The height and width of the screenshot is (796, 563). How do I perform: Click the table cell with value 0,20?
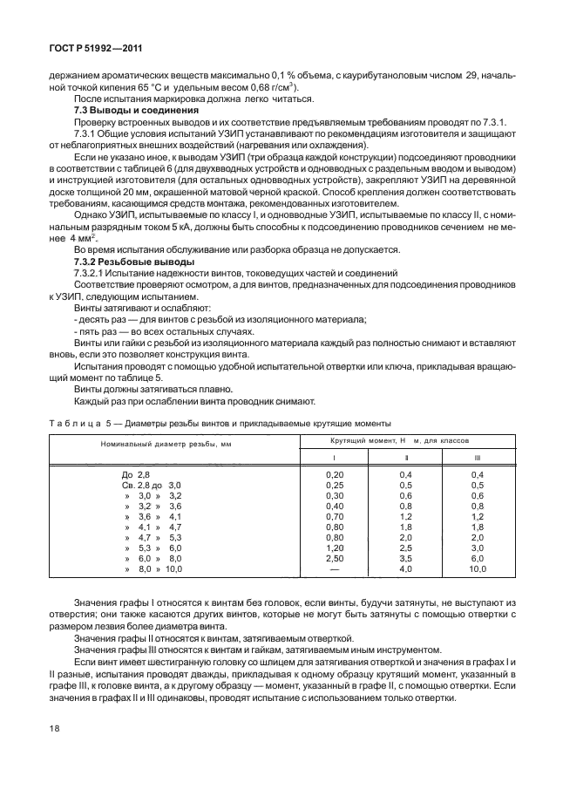tap(334, 473)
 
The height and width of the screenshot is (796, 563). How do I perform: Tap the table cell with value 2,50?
tap(334, 557)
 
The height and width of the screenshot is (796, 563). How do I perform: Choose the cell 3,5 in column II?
tap(404, 557)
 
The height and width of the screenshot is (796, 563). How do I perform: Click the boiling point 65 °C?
tap(131, 88)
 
